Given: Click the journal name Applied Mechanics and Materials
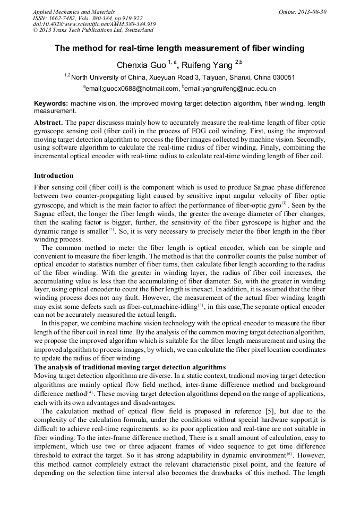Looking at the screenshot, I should pos(74,12).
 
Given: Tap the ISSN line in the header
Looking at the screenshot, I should pos(88,18).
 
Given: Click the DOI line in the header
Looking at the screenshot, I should pos(95,24).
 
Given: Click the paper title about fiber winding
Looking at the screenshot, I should pos(179,48).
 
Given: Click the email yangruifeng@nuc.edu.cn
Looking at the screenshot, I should pos(230,88).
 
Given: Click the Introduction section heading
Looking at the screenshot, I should pos(54,175).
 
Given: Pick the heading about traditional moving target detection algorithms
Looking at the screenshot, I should pos(130,367).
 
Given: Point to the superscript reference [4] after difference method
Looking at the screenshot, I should pos(90,393).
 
